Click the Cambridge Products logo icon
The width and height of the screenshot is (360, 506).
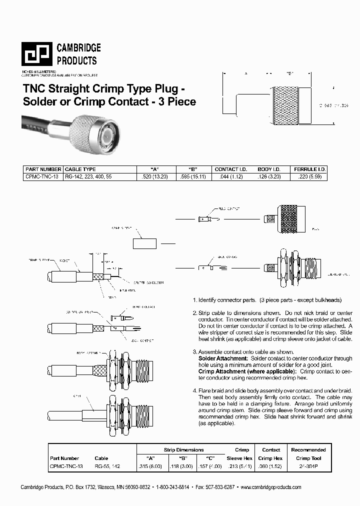pos(36,54)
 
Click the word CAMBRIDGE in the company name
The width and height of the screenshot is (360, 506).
pos(78,48)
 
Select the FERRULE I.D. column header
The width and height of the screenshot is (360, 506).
pos(309,169)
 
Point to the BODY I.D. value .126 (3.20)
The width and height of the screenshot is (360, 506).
pos(271,176)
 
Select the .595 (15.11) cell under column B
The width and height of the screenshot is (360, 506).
pos(191,176)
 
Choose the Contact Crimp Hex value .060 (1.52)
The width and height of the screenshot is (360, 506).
pos(270,466)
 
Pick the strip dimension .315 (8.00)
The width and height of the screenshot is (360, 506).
pos(150,466)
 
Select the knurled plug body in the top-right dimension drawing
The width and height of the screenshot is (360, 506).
pos(284,105)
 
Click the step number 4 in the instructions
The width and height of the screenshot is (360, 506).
pos(194,390)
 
